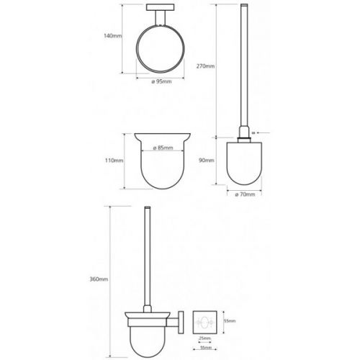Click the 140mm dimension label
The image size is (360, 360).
pyautogui.click(x=113, y=36)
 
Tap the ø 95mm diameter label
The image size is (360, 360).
pyautogui.click(x=161, y=81)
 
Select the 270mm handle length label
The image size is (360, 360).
pyautogui.click(x=205, y=66)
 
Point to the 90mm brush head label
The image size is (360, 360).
pyautogui.click(x=207, y=161)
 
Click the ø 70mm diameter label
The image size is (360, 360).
pyautogui.click(x=245, y=194)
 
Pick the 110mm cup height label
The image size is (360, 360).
pyautogui.click(x=114, y=161)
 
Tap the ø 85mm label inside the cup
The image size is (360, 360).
pyautogui.click(x=163, y=148)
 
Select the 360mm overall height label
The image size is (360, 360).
pyautogui.click(x=99, y=279)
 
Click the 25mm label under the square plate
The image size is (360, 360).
pyautogui.click(x=204, y=338)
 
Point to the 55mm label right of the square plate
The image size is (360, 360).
pyautogui.click(x=230, y=321)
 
